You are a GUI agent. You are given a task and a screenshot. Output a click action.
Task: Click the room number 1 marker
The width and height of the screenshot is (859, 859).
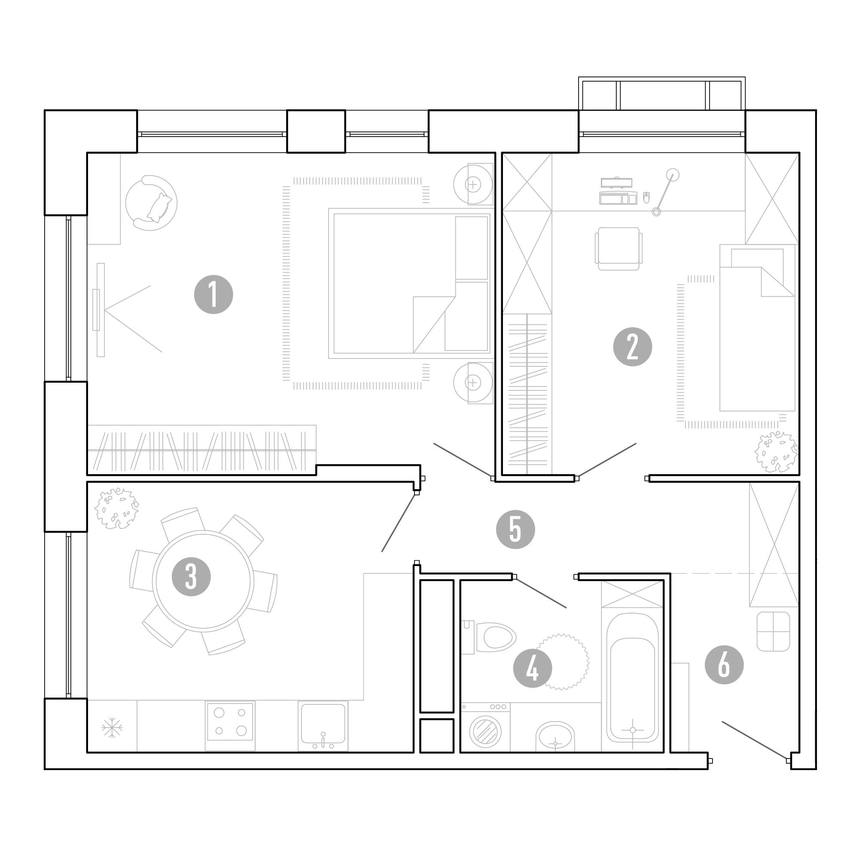click(x=213, y=295)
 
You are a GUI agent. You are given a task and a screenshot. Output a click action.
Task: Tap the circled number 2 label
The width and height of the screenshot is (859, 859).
click(x=632, y=347)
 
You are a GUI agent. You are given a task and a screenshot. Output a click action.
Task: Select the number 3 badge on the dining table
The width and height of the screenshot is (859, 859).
click(x=191, y=577)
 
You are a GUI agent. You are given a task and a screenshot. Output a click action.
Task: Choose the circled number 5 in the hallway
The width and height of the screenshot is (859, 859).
click(x=515, y=529)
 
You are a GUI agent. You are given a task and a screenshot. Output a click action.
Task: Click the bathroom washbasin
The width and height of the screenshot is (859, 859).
click(x=555, y=736)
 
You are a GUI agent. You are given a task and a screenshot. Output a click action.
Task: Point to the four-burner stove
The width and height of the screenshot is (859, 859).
click(x=230, y=726)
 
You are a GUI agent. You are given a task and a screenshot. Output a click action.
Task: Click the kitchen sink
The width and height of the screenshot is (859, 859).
click(x=323, y=726)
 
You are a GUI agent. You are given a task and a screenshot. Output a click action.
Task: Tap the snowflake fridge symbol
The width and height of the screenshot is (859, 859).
click(x=112, y=728)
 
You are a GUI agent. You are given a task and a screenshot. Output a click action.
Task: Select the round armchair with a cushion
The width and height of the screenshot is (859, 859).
click(x=151, y=203)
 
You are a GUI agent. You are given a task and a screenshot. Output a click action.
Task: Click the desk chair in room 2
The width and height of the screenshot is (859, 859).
click(x=618, y=249)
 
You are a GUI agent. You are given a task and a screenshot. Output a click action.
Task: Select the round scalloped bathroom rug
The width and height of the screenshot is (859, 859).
click(x=563, y=662)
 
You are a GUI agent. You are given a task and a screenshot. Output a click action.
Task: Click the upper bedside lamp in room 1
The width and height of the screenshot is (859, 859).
click(x=473, y=184)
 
